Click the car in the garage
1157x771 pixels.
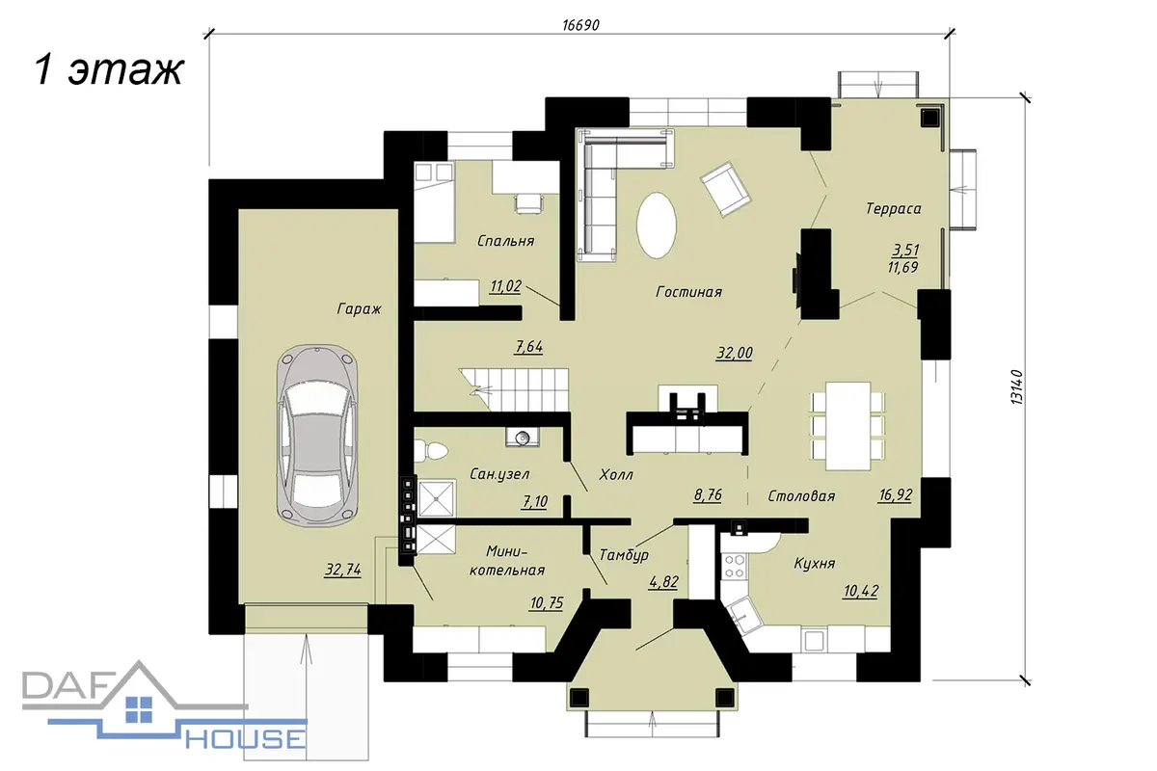(x=317, y=434)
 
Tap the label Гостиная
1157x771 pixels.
(x=688, y=292)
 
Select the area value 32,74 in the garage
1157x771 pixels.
(x=343, y=570)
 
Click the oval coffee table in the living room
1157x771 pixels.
(x=657, y=226)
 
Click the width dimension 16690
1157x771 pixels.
(x=580, y=25)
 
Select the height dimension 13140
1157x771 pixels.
(x=1016, y=386)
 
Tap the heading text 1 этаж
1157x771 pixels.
(x=109, y=69)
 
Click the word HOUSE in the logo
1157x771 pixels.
(x=245, y=739)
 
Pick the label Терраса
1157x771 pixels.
(x=894, y=208)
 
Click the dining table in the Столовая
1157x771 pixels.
(x=848, y=426)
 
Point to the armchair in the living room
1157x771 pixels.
(x=725, y=189)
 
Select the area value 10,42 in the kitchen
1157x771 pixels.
(x=860, y=591)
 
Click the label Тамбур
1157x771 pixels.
(x=624, y=555)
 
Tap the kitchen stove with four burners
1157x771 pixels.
(x=734, y=566)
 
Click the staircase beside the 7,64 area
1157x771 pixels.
(x=515, y=390)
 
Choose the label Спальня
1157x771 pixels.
(x=505, y=241)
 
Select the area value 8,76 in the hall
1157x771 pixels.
(x=708, y=495)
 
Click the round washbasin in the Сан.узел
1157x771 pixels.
(x=523, y=437)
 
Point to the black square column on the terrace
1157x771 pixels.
(x=930, y=118)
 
